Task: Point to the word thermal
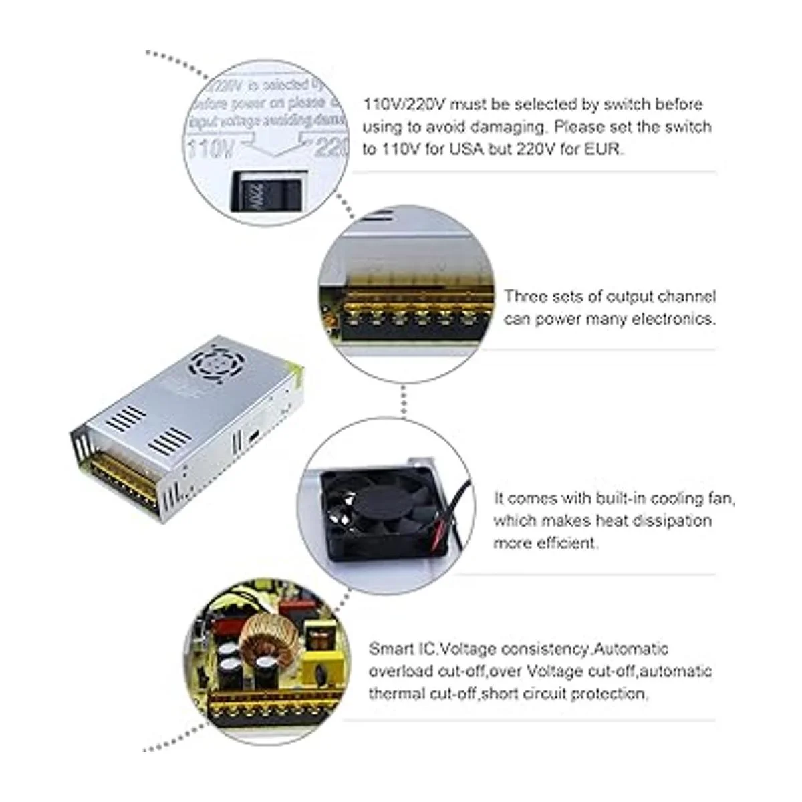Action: click(x=396, y=694)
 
